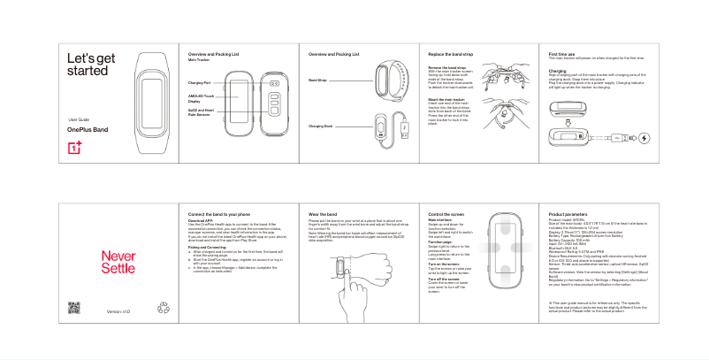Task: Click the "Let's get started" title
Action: point(89,65)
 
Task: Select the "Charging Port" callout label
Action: point(199,82)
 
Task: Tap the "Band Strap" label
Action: point(317,80)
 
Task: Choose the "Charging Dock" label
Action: point(320,127)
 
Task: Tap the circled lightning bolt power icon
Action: point(643,137)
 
